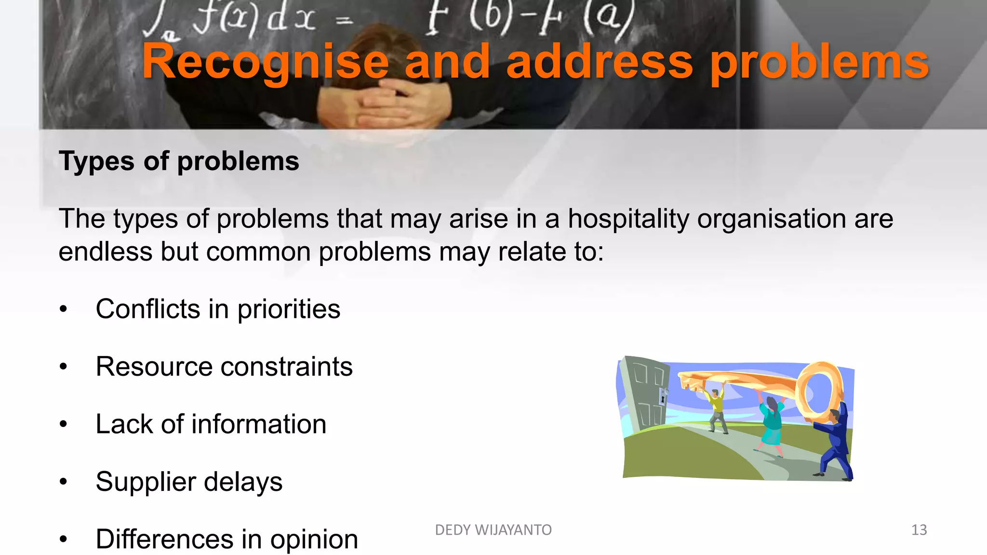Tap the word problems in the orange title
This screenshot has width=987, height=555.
tap(819, 63)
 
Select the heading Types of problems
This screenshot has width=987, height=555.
tap(179, 161)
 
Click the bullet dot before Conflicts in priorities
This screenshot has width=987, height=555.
tap(64, 309)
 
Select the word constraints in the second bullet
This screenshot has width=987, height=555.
tap(286, 367)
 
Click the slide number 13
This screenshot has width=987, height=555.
tap(919, 530)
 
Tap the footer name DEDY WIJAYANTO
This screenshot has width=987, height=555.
tap(493, 530)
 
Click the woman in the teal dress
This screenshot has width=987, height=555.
tap(772, 424)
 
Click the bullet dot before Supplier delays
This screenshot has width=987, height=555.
tap(64, 482)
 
